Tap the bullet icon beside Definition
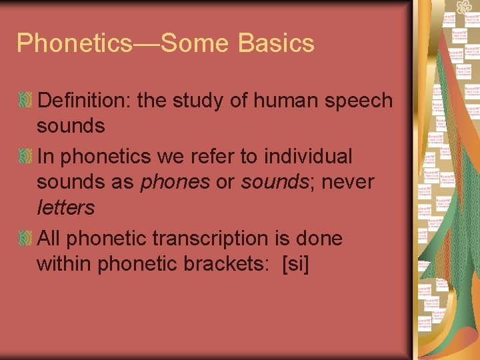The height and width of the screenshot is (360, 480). [x=25, y=101]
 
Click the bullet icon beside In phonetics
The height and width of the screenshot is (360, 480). [x=25, y=157]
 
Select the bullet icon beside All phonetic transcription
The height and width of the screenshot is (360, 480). [x=25, y=239]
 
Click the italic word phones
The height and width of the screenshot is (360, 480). [x=175, y=182]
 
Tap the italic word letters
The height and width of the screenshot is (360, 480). [x=65, y=208]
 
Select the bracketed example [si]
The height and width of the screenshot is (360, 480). [x=296, y=264]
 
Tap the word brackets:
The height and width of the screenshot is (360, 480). [x=229, y=264]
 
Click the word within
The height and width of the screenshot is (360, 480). [x=64, y=264]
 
